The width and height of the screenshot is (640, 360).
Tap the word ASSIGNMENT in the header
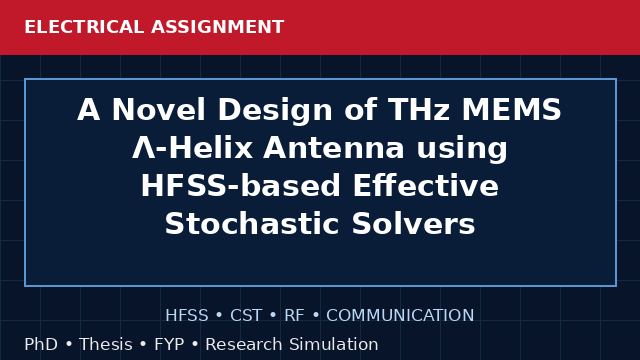coord(217,27)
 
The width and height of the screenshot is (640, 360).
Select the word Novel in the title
coord(158,110)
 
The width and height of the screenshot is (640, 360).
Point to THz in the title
coord(418,110)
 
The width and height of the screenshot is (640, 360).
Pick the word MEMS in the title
coord(511,110)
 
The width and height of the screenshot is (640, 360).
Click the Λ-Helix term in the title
coord(192,147)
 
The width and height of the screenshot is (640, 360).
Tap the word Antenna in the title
coord(334,147)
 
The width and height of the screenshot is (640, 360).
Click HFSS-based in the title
coord(240,186)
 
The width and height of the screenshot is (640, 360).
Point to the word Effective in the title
coord(425,186)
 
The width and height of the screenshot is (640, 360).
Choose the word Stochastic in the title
coord(252,224)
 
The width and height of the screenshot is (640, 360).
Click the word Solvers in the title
coord(413,224)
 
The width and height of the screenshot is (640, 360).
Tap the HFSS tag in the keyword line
coord(187,315)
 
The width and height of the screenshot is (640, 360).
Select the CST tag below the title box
coord(246,315)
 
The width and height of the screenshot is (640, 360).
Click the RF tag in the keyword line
coord(294,315)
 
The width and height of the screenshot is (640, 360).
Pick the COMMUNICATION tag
coord(400,315)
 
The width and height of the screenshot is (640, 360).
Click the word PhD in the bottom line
coord(41,344)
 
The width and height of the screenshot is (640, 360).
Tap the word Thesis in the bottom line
coord(106,344)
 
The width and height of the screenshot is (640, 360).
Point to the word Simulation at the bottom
coord(333,344)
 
